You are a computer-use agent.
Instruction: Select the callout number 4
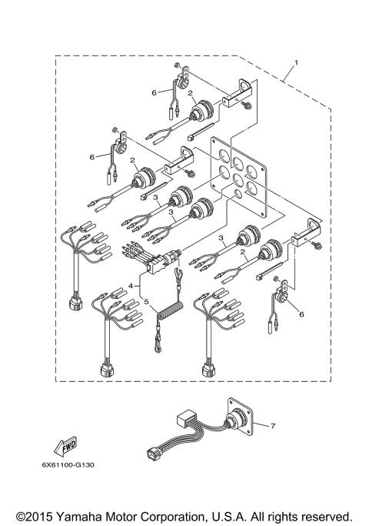(131, 286)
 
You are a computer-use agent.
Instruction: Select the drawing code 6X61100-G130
(65, 465)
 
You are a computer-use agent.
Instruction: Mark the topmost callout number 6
(155, 92)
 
